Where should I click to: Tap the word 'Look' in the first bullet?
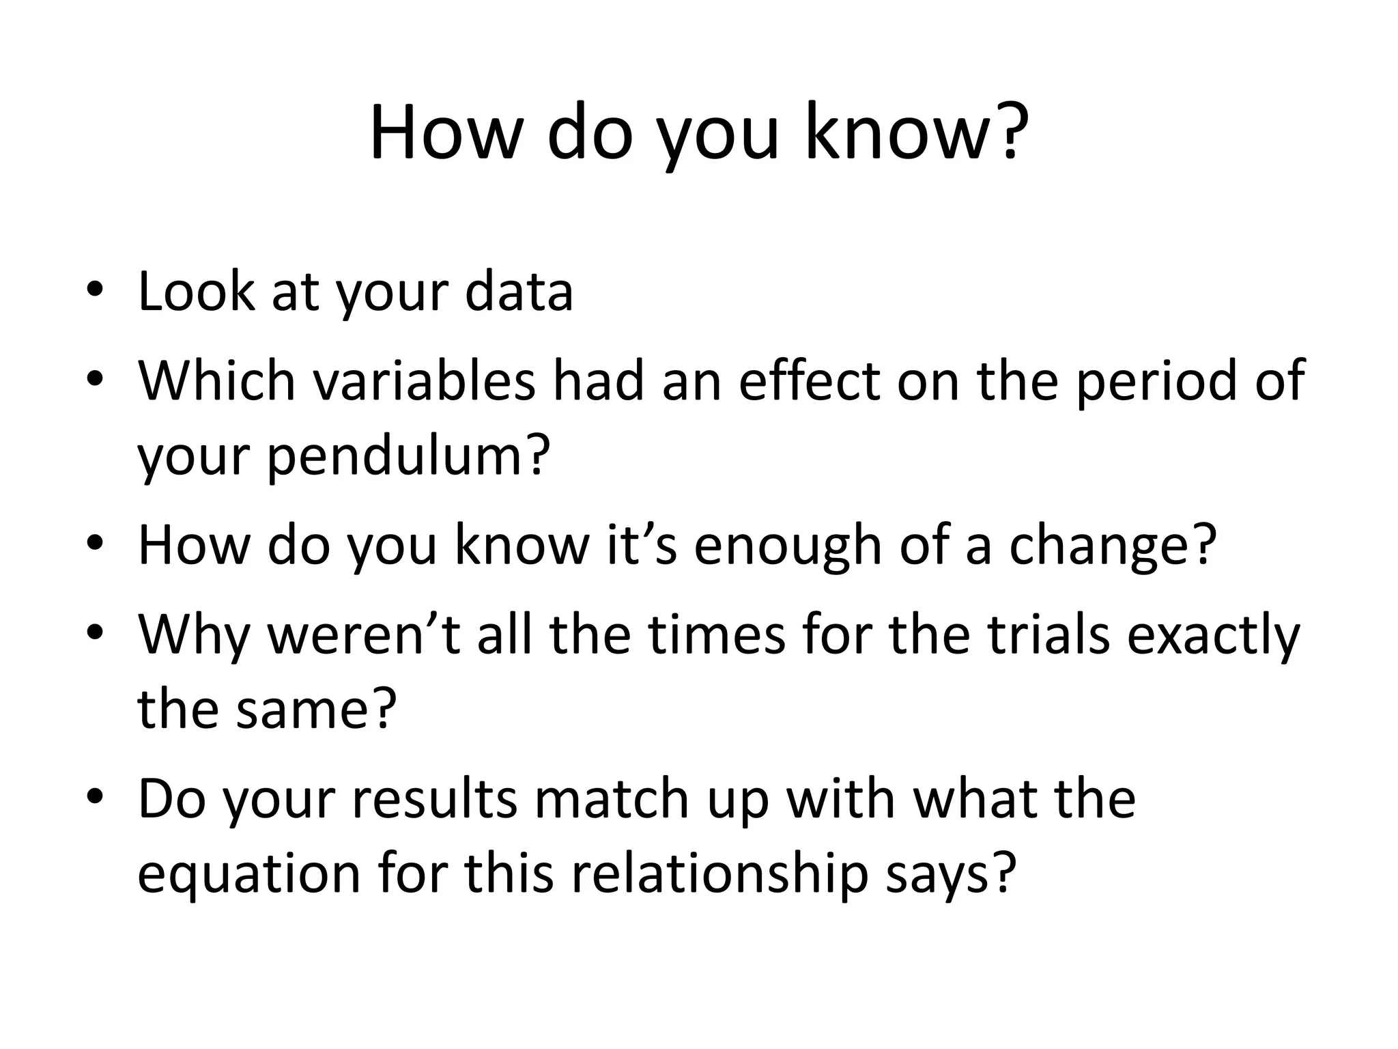click(x=196, y=292)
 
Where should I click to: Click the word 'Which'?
click(x=217, y=380)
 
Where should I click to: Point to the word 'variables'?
click(x=424, y=380)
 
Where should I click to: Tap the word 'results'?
click(x=434, y=799)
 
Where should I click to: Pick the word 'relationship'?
click(x=721, y=874)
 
